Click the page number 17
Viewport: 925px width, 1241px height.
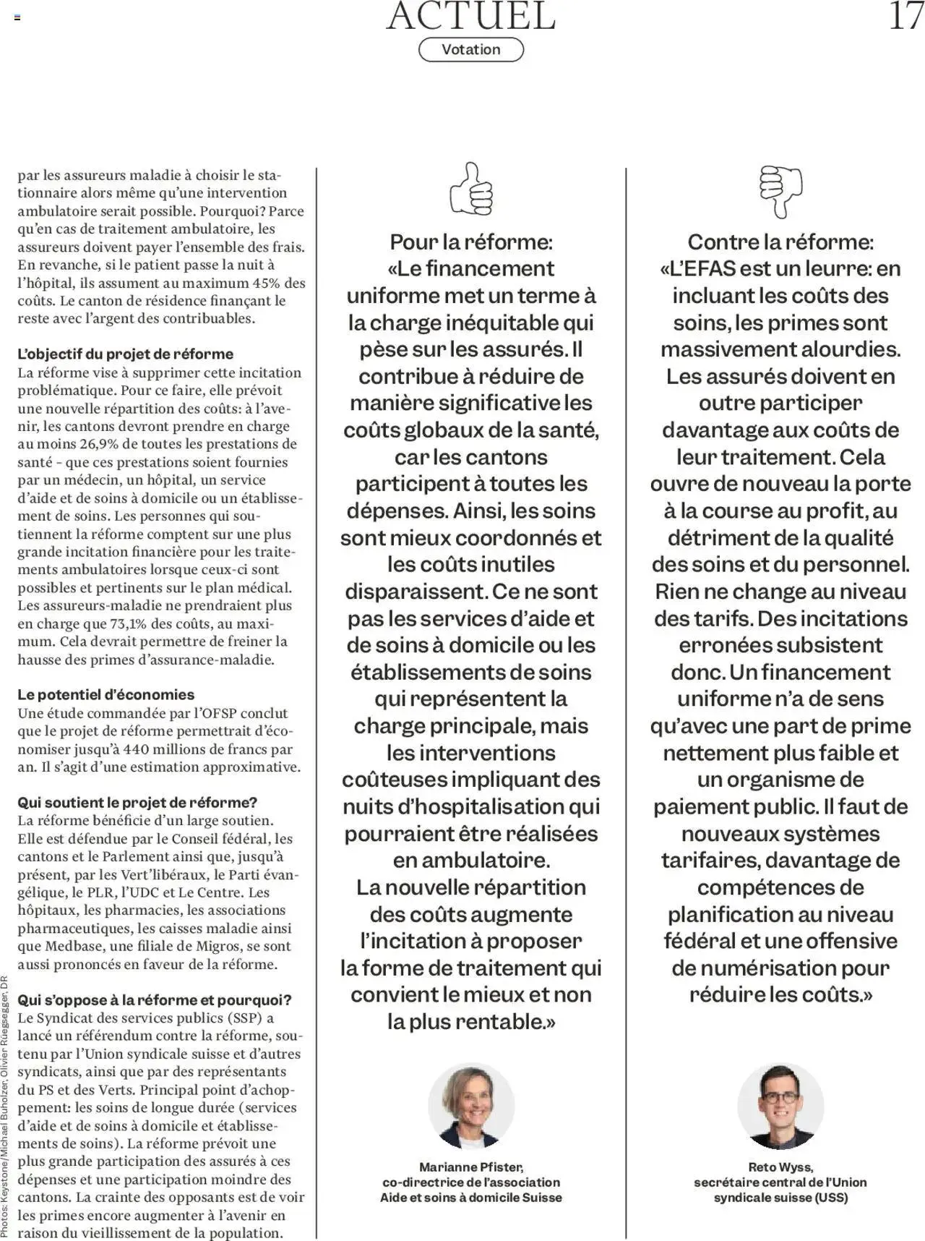pyautogui.click(x=905, y=15)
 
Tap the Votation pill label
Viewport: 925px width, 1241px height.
pyautogui.click(x=470, y=50)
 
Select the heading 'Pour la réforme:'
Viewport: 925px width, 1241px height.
pyautogui.click(x=470, y=242)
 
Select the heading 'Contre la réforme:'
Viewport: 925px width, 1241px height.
pyautogui.click(x=780, y=242)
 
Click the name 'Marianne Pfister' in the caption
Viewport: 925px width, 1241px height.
pyautogui.click(x=470, y=1167)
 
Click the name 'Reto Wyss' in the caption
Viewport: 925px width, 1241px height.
pyautogui.click(x=780, y=1167)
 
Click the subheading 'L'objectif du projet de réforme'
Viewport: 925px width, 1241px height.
pyautogui.click(x=125, y=354)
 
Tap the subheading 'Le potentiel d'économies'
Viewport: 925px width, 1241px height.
pyautogui.click(x=106, y=695)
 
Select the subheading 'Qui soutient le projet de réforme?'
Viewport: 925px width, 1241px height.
pyautogui.click(x=137, y=803)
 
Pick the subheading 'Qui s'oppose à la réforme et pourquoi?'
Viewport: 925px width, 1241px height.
pyautogui.click(x=154, y=1000)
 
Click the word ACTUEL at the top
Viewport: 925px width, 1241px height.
pyautogui.click(x=470, y=16)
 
